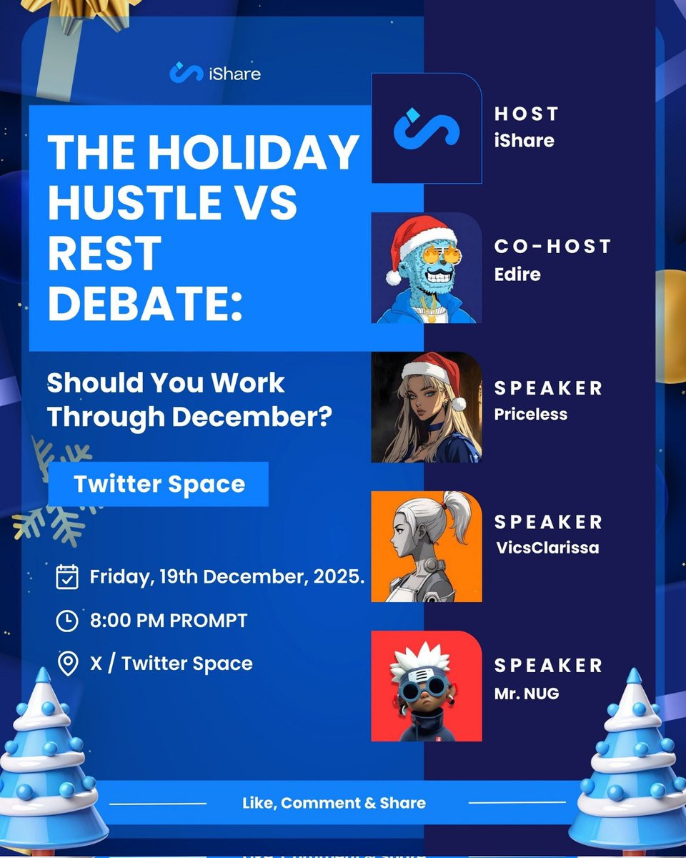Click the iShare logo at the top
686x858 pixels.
point(215,73)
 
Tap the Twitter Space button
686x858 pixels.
point(158,484)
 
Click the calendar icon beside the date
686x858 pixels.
point(67,576)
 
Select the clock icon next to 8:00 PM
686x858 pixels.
point(67,621)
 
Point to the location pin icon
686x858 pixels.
point(68,664)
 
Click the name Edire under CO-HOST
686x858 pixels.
point(517,275)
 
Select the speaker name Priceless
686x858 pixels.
point(530,414)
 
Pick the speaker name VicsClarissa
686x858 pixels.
point(547,548)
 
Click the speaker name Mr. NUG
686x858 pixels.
point(527,694)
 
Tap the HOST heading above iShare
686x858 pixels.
point(526,114)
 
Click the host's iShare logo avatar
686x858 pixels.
point(427,129)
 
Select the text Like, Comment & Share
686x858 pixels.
point(334,803)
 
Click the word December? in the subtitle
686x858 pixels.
point(252,417)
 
